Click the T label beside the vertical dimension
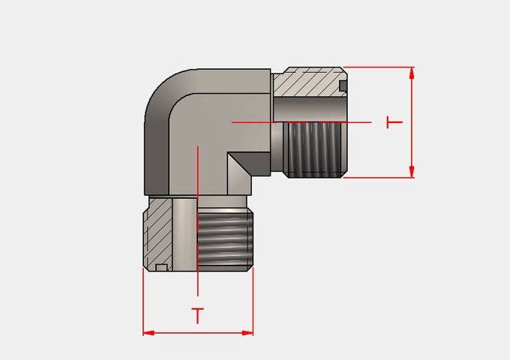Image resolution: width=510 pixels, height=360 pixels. tap(394, 122)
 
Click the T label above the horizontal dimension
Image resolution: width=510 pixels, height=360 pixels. tap(197, 316)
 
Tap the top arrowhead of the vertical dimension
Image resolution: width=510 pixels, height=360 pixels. tap(412, 73)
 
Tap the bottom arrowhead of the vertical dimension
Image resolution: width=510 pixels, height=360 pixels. tap(412, 172)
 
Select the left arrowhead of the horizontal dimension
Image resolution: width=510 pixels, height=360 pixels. tap(149, 333)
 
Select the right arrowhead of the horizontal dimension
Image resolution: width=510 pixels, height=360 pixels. tap(247, 333)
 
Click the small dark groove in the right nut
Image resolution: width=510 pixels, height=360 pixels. tap(343, 85)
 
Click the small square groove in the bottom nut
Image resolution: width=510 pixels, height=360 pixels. tap(161, 268)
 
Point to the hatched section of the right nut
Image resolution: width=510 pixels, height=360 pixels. tap(307, 82)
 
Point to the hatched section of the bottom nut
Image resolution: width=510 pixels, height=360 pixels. tap(158, 234)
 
